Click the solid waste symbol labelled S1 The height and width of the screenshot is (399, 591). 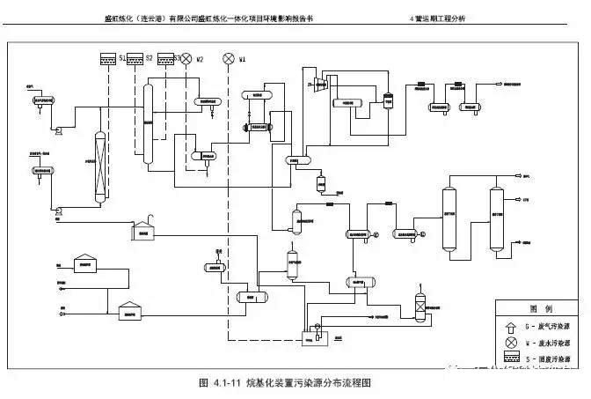click(x=108, y=59)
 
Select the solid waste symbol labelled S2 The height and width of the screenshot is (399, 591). click(x=135, y=59)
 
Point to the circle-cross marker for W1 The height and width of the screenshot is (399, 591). click(x=229, y=59)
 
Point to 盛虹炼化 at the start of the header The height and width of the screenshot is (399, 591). click(x=120, y=18)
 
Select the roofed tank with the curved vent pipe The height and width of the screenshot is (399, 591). click(x=145, y=229)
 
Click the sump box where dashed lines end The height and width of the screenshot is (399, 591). click(x=310, y=336)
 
